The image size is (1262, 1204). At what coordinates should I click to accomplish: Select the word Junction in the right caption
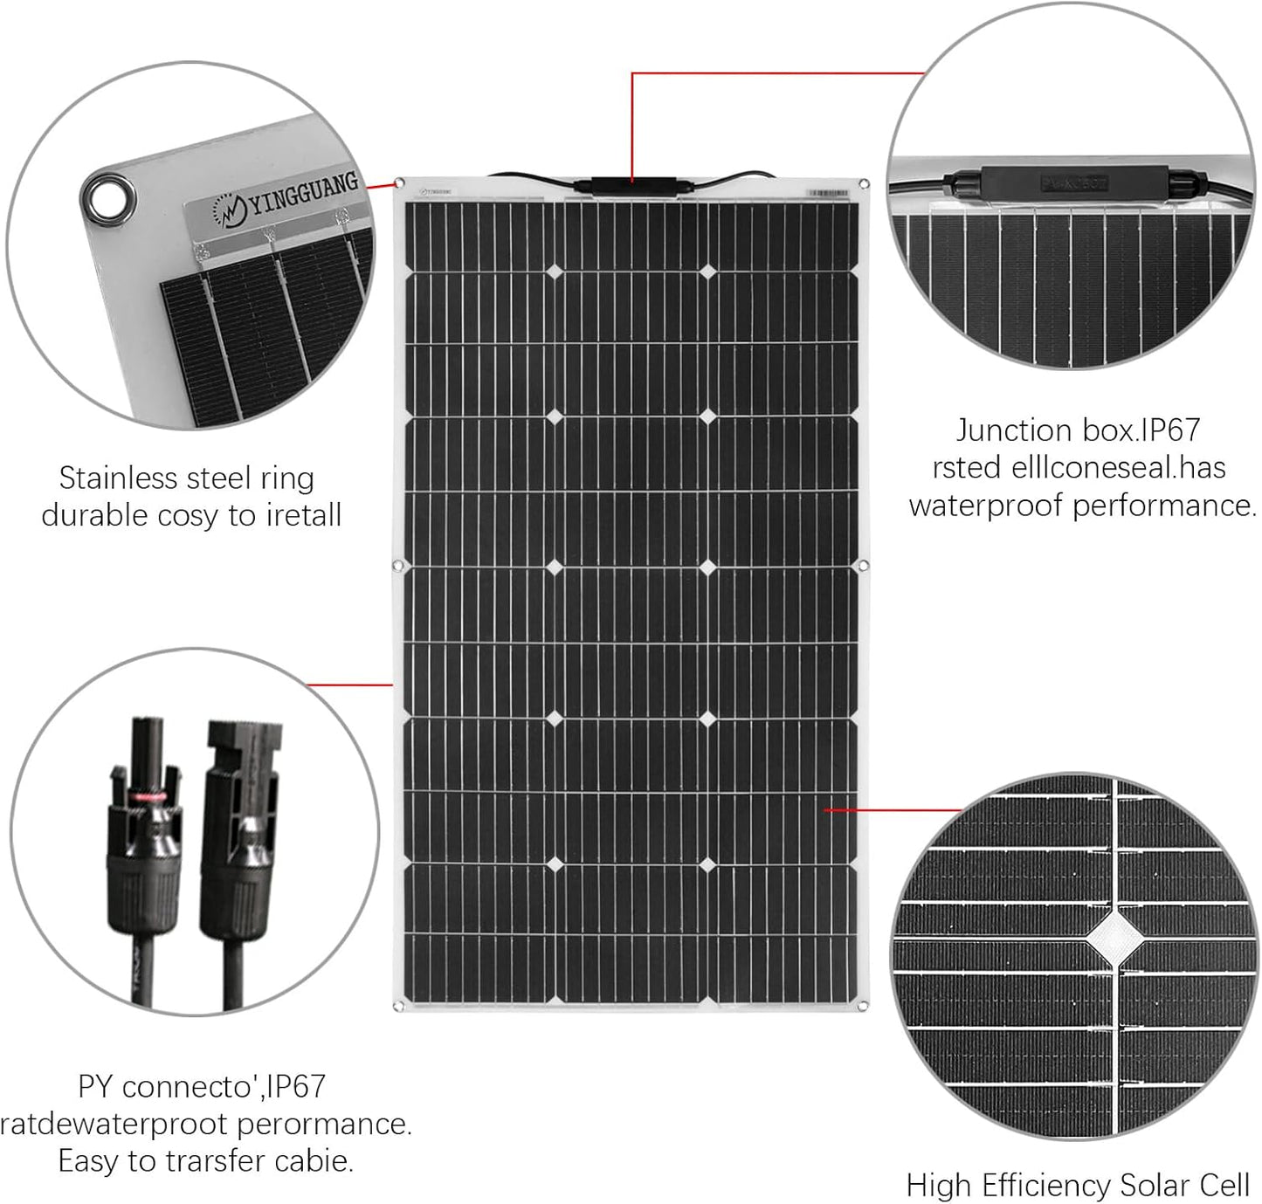(x=1013, y=430)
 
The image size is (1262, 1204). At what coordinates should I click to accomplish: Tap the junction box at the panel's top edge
(x=632, y=185)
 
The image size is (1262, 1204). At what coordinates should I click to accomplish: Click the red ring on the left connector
(x=146, y=796)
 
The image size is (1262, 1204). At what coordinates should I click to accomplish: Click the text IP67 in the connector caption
(x=296, y=1087)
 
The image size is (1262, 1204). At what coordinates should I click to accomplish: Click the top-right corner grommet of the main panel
(x=864, y=184)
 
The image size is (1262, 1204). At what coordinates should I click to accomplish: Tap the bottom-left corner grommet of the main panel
(x=400, y=1007)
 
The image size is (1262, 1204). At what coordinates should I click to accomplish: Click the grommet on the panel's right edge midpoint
(x=864, y=567)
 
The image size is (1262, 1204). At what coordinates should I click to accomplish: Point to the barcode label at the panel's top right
(x=827, y=192)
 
